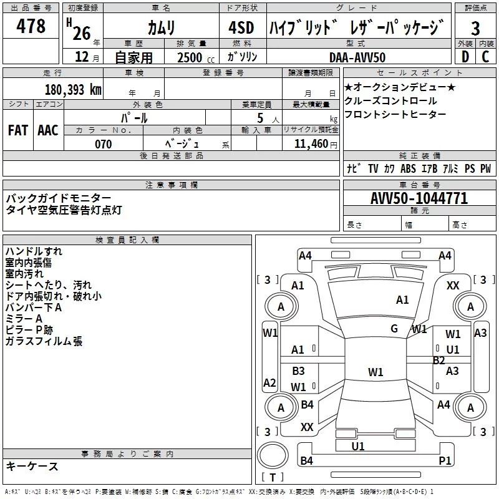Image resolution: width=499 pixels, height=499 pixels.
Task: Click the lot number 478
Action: click(32, 27)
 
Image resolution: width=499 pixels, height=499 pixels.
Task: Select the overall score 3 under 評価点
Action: click(475, 29)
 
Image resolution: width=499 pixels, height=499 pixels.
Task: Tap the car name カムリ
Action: click(161, 27)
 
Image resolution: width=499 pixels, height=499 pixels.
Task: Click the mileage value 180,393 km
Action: click(72, 89)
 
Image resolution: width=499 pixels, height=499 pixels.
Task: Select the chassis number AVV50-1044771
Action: click(419, 198)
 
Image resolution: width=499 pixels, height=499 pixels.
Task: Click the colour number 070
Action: click(103, 144)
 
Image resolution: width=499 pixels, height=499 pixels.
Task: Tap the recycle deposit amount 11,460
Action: click(310, 144)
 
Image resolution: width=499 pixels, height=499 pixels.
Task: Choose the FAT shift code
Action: click(17, 130)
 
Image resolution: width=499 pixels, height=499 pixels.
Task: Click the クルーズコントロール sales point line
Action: click(390, 100)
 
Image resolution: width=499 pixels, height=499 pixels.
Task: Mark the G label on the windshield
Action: click(394, 329)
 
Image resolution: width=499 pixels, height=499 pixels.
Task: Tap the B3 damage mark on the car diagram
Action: click(298, 371)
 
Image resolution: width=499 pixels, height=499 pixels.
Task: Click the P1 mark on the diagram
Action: click(445, 460)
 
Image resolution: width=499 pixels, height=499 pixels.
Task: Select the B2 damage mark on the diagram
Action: click(439, 360)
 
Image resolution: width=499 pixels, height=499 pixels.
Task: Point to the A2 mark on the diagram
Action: click(269, 382)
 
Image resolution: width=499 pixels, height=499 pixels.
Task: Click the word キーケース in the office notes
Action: click(32, 467)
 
